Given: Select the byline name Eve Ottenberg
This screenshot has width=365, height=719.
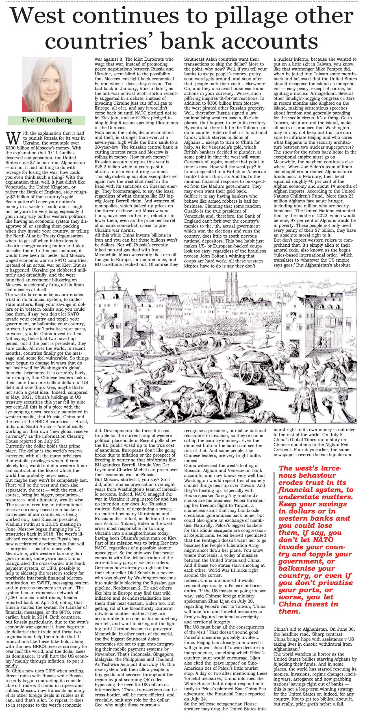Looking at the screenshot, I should [47, 120].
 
